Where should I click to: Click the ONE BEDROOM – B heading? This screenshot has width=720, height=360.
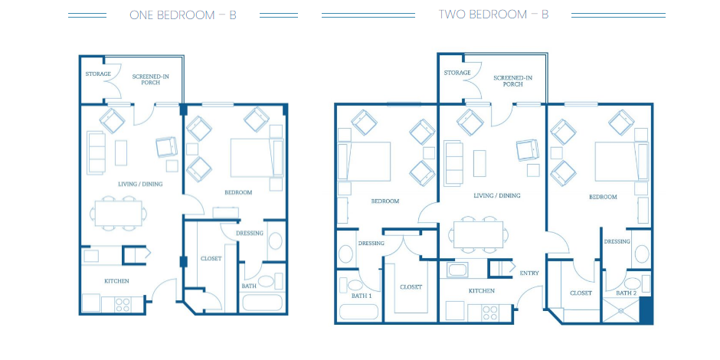(x=183, y=15)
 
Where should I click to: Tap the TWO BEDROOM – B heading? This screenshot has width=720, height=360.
(x=493, y=15)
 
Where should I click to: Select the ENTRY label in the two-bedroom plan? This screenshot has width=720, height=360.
(x=529, y=273)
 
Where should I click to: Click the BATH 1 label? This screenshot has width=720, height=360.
(x=362, y=296)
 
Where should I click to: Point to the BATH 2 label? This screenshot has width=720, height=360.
(x=627, y=293)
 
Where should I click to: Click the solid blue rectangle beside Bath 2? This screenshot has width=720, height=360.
(x=646, y=309)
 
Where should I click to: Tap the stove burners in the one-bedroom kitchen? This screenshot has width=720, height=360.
(x=123, y=305)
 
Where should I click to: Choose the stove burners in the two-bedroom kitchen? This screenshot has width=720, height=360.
(x=490, y=313)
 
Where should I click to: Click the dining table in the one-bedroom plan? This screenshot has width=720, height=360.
(x=119, y=213)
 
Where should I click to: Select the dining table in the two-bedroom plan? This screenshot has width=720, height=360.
(x=479, y=234)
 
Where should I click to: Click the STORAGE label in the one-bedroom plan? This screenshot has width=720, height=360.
(x=98, y=74)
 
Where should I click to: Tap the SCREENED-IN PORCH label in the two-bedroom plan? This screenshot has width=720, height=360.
(x=512, y=81)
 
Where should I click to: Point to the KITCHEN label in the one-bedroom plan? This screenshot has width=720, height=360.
(x=116, y=281)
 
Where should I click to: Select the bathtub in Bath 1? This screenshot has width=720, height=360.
(x=358, y=313)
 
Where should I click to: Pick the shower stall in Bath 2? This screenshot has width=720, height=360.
(x=620, y=310)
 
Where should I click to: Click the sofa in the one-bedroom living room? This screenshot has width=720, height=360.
(x=97, y=153)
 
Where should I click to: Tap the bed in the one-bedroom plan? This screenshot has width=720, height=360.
(x=257, y=158)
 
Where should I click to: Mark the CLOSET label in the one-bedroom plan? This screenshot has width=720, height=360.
(x=211, y=259)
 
